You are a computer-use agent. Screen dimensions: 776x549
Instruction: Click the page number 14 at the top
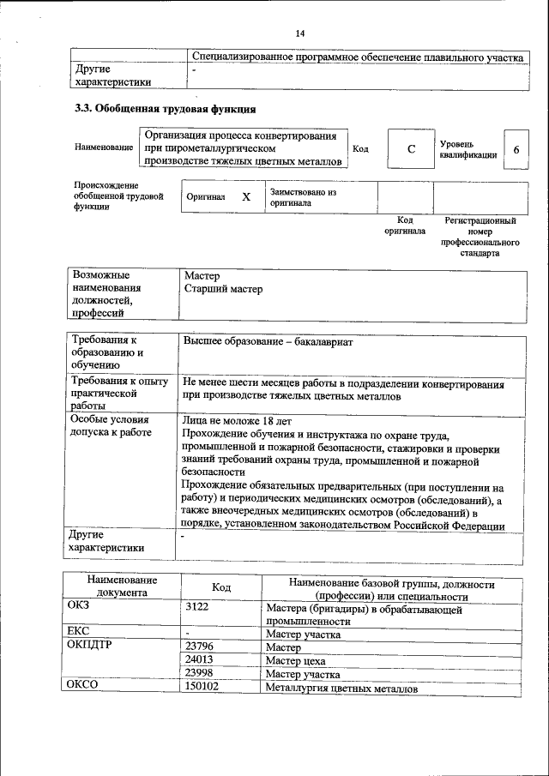tap(300, 33)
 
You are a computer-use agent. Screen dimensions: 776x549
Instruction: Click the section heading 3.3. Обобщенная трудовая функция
tap(165, 110)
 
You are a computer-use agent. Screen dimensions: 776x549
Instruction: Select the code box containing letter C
tap(411, 148)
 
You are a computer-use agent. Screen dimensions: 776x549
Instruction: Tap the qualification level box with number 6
tap(516, 149)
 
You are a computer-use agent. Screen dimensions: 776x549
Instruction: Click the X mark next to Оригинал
tap(246, 196)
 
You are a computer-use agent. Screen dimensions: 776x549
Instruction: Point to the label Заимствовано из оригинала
tap(302, 198)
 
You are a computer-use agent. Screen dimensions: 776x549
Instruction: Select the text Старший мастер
tap(223, 289)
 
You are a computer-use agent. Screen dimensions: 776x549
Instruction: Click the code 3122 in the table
tap(198, 608)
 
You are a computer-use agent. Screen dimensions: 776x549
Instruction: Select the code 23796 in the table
tap(198, 647)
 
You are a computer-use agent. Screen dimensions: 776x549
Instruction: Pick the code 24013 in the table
tap(198, 660)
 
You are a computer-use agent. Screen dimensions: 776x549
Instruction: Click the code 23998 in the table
tap(198, 674)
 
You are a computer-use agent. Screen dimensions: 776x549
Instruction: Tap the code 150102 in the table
tap(202, 688)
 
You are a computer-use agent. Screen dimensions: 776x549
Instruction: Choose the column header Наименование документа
tap(121, 587)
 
